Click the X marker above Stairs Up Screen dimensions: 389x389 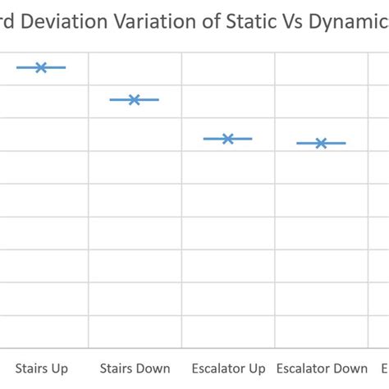[41, 67]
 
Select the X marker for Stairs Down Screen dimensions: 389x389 [135, 99]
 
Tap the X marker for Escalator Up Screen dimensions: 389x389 [228, 139]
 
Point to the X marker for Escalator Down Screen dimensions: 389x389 [322, 143]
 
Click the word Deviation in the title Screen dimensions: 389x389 [69, 22]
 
